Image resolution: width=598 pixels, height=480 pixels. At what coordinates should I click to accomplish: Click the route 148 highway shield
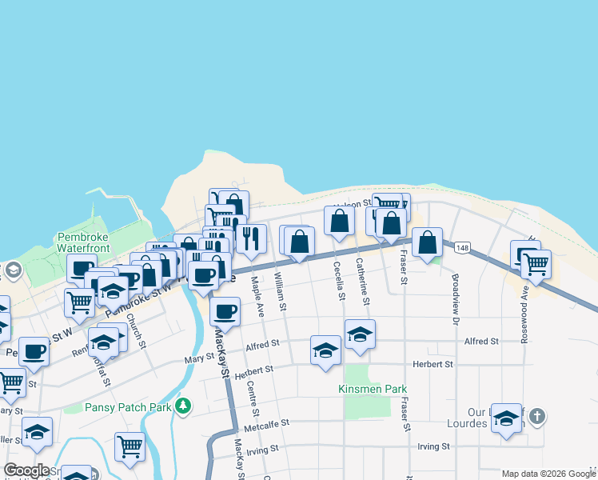[x=462, y=248]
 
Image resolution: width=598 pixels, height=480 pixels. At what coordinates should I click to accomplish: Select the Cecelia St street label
[x=339, y=281]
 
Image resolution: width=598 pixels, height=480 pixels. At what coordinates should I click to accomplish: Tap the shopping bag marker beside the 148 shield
[x=428, y=242]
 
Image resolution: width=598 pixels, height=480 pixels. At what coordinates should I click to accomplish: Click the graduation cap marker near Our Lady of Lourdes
[x=506, y=418]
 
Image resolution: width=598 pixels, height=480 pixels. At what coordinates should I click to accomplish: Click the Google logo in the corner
[x=26, y=470]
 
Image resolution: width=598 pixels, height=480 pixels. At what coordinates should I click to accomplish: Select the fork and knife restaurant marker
[x=251, y=238]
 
